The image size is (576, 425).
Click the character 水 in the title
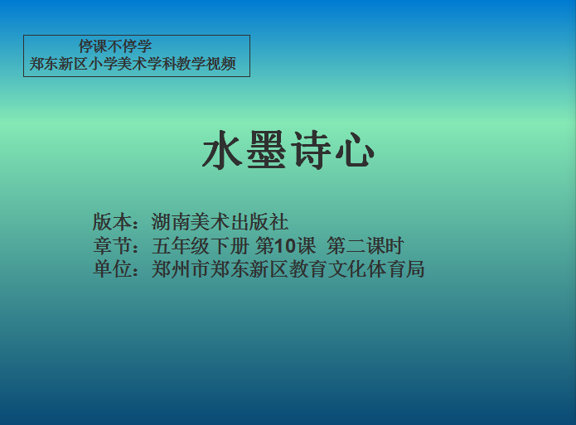click(x=222, y=150)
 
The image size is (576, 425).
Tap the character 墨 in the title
click(x=266, y=150)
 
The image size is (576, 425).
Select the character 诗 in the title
click(x=311, y=150)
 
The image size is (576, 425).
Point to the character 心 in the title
click(x=355, y=150)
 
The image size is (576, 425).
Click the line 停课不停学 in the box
click(x=115, y=46)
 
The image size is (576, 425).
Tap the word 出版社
click(x=259, y=222)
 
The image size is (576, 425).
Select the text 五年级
click(x=181, y=246)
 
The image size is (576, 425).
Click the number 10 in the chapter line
click(x=285, y=246)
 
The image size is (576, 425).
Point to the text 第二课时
click(x=365, y=246)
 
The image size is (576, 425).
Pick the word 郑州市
click(x=181, y=269)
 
